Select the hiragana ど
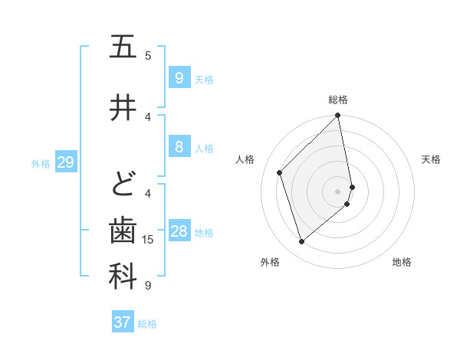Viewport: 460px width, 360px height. point(123,185)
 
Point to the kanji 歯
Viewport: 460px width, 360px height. point(123,231)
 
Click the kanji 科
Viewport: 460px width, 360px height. point(123,277)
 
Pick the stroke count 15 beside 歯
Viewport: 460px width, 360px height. point(148,240)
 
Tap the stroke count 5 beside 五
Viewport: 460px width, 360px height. point(148,55)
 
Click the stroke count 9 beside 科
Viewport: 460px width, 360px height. point(148,286)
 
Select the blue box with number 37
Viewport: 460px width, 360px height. point(123,322)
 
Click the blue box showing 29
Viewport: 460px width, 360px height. point(65,162)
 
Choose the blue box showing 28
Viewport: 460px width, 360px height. point(179,231)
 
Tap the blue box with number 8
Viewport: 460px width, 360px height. point(179,147)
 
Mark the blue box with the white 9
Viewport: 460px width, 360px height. point(179,77)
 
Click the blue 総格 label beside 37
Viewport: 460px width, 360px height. point(148,324)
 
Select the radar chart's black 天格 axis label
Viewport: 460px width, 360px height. point(432,159)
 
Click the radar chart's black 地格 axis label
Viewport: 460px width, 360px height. point(402,262)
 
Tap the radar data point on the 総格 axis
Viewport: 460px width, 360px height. point(338,116)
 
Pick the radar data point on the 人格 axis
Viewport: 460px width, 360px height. point(280,172)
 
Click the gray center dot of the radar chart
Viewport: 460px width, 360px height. point(338,191)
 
